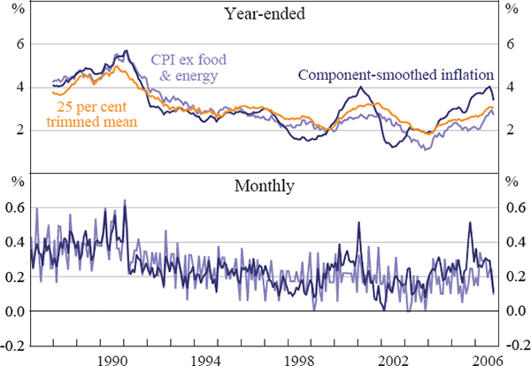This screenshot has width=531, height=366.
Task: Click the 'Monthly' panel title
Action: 265,186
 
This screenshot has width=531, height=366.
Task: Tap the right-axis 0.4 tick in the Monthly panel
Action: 517,242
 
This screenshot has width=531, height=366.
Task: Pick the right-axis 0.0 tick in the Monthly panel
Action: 517,312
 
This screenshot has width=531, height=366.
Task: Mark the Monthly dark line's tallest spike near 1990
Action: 124,201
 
